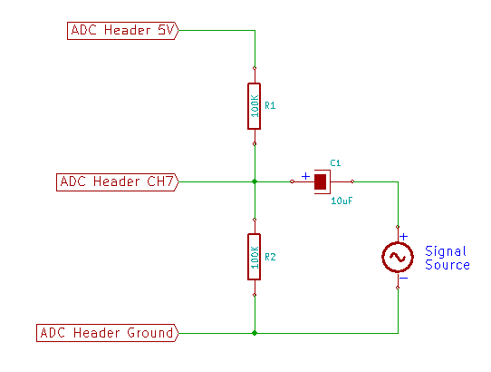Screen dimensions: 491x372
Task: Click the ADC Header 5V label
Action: point(123,31)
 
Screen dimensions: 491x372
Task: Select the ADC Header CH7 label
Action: point(118,182)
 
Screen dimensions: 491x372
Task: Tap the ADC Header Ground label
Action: point(108,333)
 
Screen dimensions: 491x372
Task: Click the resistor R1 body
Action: point(255,106)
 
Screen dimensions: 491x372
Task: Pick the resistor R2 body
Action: point(255,257)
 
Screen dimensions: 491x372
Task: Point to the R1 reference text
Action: point(270,106)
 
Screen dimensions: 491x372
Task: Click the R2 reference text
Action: point(270,257)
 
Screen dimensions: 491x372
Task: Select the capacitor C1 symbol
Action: point(323,182)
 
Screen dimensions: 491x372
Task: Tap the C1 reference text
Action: point(335,162)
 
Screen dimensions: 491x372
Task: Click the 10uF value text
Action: point(342,201)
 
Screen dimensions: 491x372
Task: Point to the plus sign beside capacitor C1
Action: point(305,176)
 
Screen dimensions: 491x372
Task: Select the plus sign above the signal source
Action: point(404,237)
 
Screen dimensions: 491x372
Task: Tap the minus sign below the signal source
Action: point(404,279)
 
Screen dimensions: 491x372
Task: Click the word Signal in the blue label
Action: point(446,251)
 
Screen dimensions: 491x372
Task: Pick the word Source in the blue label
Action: point(448,265)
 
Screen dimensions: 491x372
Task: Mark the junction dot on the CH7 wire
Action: point(255,181)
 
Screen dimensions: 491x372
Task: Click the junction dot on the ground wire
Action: point(255,333)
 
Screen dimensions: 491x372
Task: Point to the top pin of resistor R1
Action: point(255,68)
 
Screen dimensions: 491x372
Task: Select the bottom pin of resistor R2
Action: point(255,295)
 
